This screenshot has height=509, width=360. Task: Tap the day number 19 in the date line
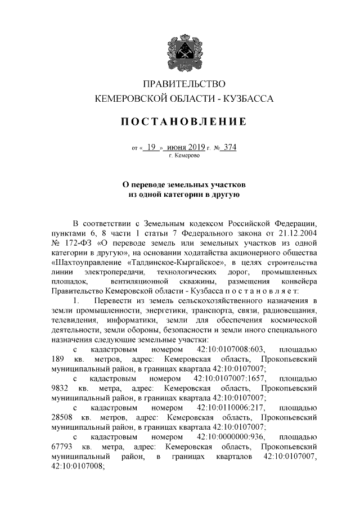point(151,148)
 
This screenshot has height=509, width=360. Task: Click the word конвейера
point(298,281)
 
